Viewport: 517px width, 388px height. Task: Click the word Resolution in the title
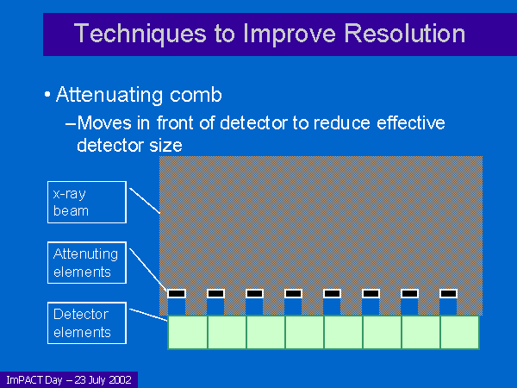[x=405, y=34]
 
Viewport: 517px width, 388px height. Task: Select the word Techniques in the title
[x=140, y=34]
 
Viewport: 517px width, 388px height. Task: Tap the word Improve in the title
[x=290, y=34]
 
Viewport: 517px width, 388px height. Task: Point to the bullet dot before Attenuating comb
[x=47, y=95]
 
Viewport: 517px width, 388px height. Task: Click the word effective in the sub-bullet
[x=411, y=122]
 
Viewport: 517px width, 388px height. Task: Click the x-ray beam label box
[x=87, y=202]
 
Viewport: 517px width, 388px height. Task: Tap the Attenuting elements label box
[x=87, y=263]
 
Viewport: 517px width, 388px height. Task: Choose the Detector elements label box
[x=87, y=323]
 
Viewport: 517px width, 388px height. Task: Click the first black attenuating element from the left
[x=177, y=293]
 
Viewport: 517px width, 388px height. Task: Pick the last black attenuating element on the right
[x=448, y=293]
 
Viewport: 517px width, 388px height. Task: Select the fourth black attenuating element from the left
[x=293, y=293]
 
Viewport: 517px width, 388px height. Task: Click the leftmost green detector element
[x=188, y=332]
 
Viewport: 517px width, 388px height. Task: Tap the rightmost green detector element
[x=459, y=332]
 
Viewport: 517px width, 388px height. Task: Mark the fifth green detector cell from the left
[x=343, y=332]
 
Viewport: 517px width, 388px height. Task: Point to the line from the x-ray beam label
[x=145, y=201]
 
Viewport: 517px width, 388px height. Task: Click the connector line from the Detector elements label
[x=148, y=315]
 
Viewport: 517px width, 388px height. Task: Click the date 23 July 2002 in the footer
[x=103, y=380]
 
